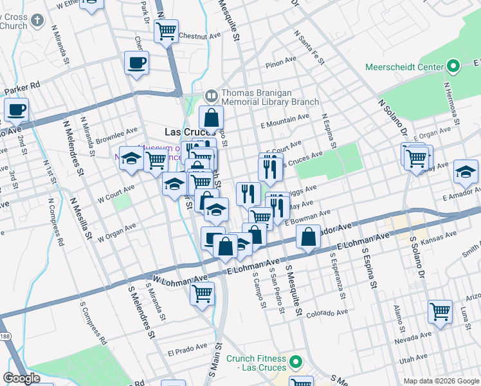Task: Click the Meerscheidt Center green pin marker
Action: click(x=453, y=67)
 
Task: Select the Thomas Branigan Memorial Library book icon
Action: click(x=211, y=96)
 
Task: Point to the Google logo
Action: click(x=21, y=379)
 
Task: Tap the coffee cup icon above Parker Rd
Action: click(x=136, y=63)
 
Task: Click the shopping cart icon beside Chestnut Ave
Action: click(x=166, y=30)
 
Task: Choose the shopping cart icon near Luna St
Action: click(x=440, y=312)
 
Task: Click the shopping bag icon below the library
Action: click(x=211, y=118)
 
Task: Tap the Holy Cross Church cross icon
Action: click(x=37, y=20)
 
